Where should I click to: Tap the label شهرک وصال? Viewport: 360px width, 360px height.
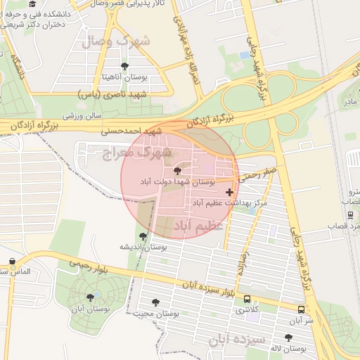(x=126, y=41)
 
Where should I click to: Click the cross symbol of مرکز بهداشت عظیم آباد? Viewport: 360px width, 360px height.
(x=229, y=192)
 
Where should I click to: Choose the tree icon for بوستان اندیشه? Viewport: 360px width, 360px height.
(x=143, y=236)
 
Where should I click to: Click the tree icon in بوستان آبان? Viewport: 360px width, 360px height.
(x=89, y=297)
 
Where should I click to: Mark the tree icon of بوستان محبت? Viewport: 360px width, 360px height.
(x=155, y=302)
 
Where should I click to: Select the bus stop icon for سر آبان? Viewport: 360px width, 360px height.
(x=301, y=309)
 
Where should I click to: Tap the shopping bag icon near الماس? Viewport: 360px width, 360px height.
(x=12, y=262)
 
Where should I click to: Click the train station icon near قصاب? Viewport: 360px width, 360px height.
(x=350, y=215)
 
